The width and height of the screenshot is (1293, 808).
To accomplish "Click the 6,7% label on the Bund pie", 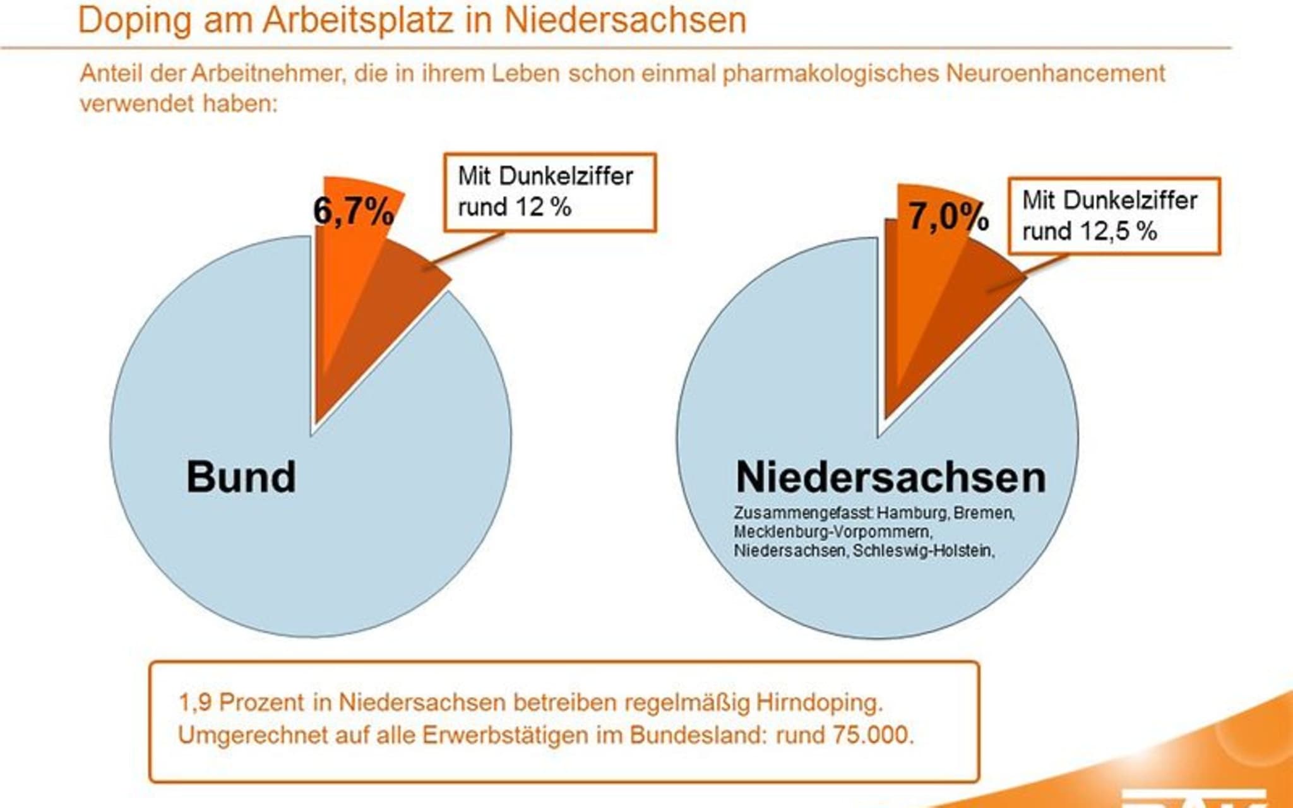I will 354,210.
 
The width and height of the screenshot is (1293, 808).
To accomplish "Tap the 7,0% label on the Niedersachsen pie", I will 948,217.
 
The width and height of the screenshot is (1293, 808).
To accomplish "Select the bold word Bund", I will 241,477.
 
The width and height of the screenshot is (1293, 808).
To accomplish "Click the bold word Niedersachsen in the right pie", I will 891,477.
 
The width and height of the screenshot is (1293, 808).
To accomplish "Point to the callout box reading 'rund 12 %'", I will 549,192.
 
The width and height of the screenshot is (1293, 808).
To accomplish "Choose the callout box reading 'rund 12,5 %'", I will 1114,216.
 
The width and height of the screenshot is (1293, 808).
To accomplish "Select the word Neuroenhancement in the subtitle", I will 1055,73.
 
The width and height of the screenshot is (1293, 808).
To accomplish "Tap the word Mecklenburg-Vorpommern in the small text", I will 832,532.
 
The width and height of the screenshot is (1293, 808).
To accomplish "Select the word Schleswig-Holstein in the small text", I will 923,550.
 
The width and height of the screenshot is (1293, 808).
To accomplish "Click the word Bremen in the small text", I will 983,513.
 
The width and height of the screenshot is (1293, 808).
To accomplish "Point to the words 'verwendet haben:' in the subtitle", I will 179,104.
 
